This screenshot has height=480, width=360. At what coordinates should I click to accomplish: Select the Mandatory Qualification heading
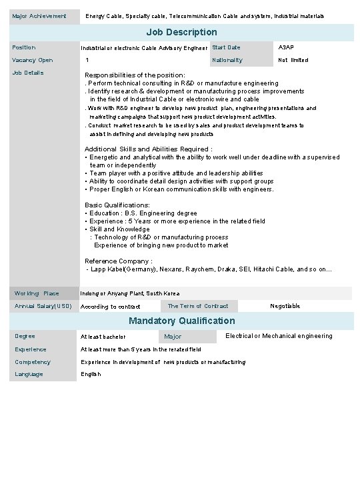pyautogui.click(x=181, y=321)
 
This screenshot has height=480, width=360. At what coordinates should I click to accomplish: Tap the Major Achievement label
pyautogui.click(x=39, y=15)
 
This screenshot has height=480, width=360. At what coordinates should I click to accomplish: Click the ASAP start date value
pyautogui.click(x=285, y=47)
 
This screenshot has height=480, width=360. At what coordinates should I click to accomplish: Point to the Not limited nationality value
pyautogui.click(x=293, y=60)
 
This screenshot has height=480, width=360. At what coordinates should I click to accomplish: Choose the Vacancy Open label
pyautogui.click(x=33, y=60)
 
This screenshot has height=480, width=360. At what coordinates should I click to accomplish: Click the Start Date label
pyautogui.click(x=226, y=47)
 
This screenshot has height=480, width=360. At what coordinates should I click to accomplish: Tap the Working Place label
pyautogui.click(x=37, y=293)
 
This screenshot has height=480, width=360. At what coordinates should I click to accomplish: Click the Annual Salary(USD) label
pyautogui.click(x=43, y=306)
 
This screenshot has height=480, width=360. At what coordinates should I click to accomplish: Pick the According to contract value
pyautogui.click(x=110, y=307)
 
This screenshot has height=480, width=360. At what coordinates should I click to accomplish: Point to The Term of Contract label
pyautogui.click(x=197, y=306)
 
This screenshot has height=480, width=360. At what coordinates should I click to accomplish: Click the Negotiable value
pyautogui.click(x=285, y=306)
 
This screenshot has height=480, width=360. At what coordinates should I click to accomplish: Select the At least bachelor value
pyautogui.click(x=103, y=337)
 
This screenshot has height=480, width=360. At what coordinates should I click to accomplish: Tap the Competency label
pyautogui.click(x=33, y=362)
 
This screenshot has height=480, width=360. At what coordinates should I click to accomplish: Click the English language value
pyautogui.click(x=91, y=374)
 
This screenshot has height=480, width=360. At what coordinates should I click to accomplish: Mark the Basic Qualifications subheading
pyautogui.click(x=117, y=205)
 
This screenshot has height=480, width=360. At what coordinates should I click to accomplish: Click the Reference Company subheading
pyautogui.click(x=118, y=261)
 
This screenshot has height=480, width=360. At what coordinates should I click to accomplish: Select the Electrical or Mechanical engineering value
pyautogui.click(x=279, y=336)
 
